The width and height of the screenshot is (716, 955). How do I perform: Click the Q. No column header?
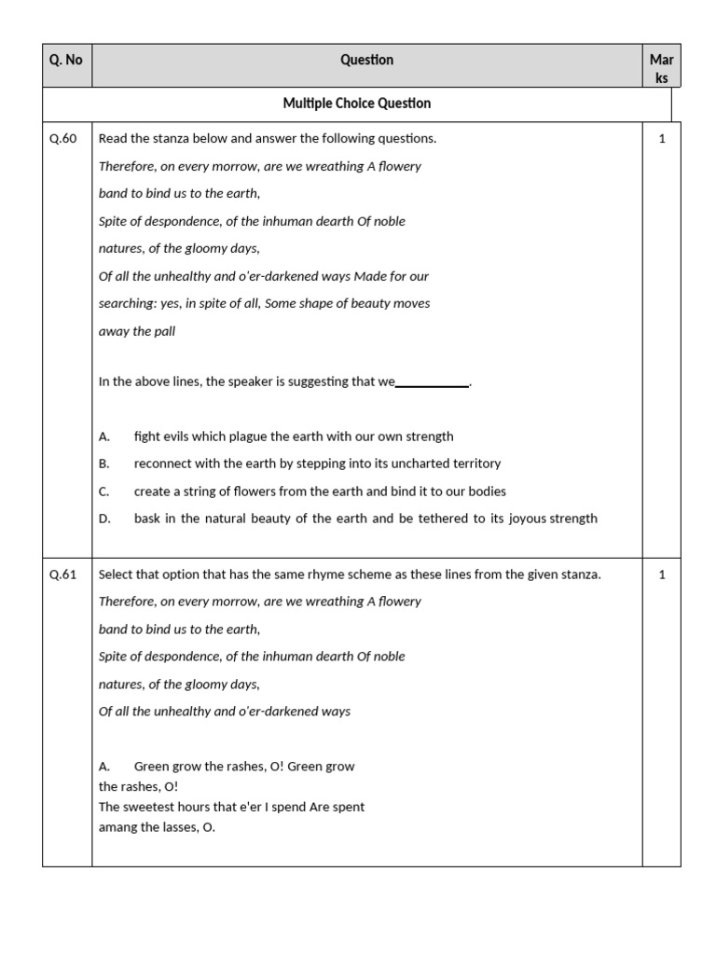(66, 60)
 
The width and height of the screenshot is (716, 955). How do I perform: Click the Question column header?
(366, 60)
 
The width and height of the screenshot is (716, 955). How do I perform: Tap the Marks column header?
(661, 68)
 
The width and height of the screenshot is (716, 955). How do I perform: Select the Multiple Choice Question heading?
(357, 104)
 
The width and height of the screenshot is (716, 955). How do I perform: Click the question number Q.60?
(63, 139)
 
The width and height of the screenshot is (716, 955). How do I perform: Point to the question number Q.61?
(63, 574)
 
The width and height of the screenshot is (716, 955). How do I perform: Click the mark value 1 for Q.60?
(662, 139)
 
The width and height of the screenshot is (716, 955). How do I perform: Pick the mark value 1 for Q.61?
(662, 574)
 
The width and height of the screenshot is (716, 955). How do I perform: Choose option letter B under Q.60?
(103, 464)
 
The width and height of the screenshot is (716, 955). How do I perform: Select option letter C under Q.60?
(103, 491)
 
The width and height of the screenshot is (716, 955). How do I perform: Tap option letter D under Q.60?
(103, 519)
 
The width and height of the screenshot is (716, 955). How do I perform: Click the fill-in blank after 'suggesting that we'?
(433, 382)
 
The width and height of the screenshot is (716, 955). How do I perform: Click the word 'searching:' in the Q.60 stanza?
(129, 304)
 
